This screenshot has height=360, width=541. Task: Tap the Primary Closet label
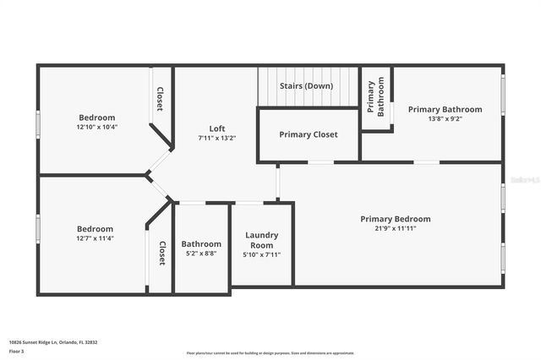tap(309, 134)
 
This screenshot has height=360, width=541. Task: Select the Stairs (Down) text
tap(308, 85)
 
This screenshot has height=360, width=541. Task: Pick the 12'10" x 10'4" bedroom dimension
tap(97, 127)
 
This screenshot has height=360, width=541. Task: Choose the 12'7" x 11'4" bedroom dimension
tap(95, 238)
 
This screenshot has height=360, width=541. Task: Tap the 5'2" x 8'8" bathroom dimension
tap(201, 254)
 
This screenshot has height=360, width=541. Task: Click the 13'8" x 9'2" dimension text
tap(445, 118)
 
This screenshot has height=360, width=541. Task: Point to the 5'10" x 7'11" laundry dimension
tap(262, 254)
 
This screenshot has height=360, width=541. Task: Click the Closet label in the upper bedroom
tap(159, 98)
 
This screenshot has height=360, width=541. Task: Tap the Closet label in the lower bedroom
tap(161, 253)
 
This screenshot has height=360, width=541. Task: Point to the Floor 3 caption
tap(18, 350)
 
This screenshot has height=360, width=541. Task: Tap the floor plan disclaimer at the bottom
tap(270, 353)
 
